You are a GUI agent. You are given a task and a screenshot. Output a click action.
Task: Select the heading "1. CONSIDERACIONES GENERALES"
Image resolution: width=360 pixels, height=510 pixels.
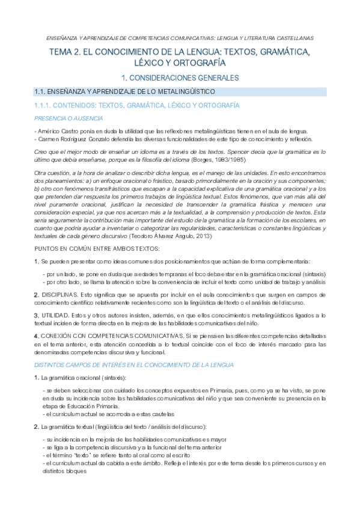pos(180,78)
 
